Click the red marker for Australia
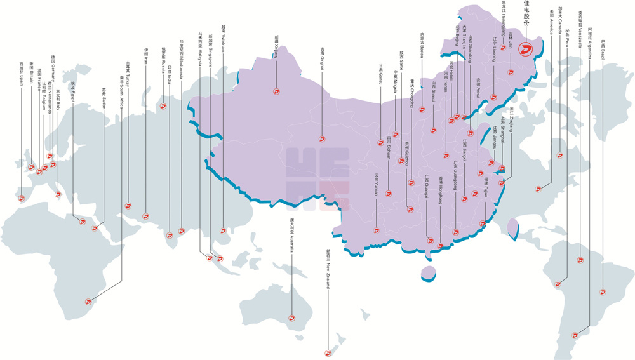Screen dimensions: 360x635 pyautogui.click(x=292, y=318)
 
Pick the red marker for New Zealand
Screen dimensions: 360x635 pyautogui.click(x=328, y=353)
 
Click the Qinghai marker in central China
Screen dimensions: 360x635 pyautogui.click(x=322, y=138)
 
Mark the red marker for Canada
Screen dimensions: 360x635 pyautogui.click(x=559, y=155)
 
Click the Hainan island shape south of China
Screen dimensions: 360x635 pyautogui.click(x=429, y=272)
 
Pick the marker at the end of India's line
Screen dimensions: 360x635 pyautogui.click(x=170, y=239)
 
